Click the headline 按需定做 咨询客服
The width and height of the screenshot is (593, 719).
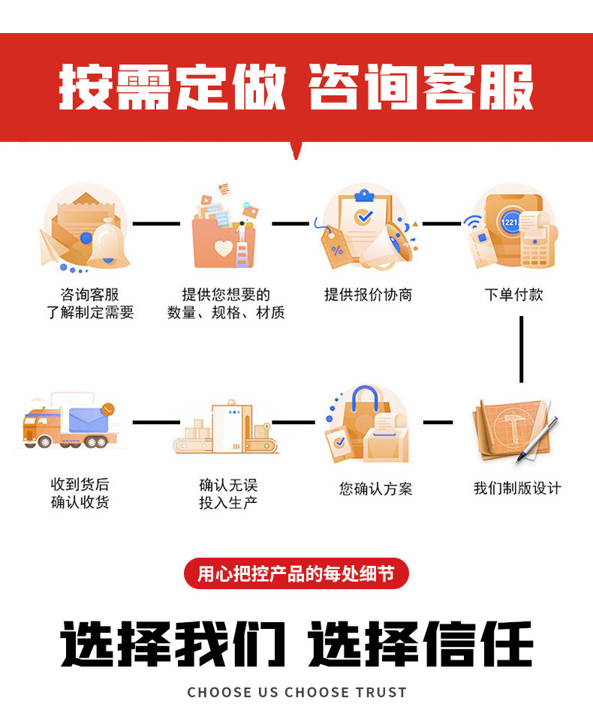point(296,87)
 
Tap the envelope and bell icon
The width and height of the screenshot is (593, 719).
point(85,229)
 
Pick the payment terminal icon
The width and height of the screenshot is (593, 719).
point(509,229)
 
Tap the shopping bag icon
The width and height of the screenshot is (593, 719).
point(367,426)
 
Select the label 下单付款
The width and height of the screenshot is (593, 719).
point(513,295)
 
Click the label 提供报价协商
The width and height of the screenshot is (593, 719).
point(368,295)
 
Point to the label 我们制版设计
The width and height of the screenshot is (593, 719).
point(516,489)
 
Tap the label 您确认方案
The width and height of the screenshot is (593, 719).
point(375,489)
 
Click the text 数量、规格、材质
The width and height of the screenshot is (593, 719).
point(226,313)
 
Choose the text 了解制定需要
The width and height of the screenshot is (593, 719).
point(90,313)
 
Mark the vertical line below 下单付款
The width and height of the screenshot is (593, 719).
point(521,350)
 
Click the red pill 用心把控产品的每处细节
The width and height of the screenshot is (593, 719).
point(296,574)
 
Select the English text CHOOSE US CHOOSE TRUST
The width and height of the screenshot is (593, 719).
point(296,692)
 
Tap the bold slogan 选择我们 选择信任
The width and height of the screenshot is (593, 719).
point(296,644)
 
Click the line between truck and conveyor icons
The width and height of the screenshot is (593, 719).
point(156,422)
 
